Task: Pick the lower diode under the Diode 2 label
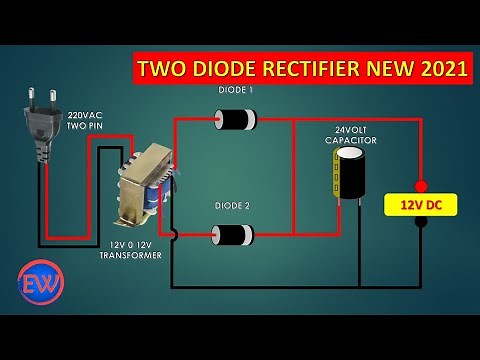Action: [232, 236]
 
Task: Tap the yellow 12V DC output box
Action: [420, 204]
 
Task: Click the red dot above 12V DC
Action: [420, 186]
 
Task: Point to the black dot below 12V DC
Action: [420, 222]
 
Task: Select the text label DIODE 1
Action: [236, 90]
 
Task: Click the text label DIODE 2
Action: [232, 205]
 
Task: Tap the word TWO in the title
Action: [164, 69]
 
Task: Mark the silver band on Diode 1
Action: [218, 121]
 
